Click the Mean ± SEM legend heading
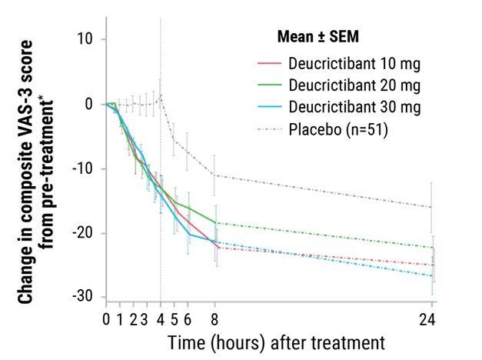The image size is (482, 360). [317, 35]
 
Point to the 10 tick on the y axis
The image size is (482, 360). [91, 38]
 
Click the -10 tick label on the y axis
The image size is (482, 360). [87, 168]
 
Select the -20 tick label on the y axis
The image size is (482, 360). [87, 233]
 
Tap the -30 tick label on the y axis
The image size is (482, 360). [87, 297]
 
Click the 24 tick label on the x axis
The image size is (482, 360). [432, 318]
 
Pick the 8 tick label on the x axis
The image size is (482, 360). [215, 318]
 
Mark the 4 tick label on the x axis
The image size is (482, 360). [161, 318]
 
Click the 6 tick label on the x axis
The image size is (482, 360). [188, 318]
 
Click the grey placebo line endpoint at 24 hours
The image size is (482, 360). [432, 208]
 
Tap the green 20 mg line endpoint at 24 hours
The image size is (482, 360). [432, 248]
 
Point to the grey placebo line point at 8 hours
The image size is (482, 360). [215, 175]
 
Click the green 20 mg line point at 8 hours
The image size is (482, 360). [215, 223]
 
